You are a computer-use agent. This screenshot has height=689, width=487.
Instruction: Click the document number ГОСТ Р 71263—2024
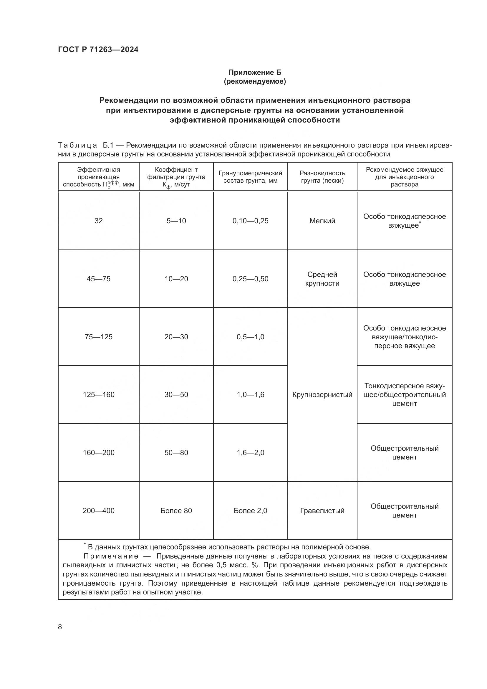(x=98, y=50)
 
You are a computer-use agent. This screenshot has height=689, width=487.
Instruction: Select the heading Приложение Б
(x=255, y=72)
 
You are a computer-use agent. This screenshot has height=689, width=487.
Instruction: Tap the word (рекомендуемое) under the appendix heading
(x=255, y=81)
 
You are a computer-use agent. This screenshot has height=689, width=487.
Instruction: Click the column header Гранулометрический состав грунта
(x=250, y=177)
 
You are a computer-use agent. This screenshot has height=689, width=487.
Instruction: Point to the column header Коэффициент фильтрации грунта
(x=176, y=177)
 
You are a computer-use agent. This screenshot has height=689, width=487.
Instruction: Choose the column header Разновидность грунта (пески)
(x=322, y=177)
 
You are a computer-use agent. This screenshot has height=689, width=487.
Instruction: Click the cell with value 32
(x=98, y=221)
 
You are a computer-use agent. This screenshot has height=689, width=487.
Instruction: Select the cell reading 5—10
(x=176, y=221)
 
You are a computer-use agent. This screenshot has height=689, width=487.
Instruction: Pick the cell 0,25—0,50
(x=250, y=279)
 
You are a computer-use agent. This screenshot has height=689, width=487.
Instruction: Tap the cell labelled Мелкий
(x=322, y=221)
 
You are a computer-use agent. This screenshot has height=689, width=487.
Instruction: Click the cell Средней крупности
(x=322, y=279)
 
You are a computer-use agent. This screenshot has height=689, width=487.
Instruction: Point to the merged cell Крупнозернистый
(x=322, y=395)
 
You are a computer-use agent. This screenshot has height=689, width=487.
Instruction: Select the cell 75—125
(x=98, y=337)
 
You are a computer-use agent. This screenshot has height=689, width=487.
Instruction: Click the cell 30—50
(x=176, y=395)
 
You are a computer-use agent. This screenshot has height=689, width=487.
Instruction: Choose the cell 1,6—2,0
(x=250, y=452)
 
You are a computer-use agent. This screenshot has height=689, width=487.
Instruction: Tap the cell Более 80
(x=176, y=510)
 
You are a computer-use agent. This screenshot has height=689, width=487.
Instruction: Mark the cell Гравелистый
(x=322, y=510)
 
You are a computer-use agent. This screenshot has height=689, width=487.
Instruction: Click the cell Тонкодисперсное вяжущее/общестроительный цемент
(x=404, y=395)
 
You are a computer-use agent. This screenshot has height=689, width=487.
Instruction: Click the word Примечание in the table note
(x=111, y=556)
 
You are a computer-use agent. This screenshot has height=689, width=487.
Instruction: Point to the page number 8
(x=60, y=627)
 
